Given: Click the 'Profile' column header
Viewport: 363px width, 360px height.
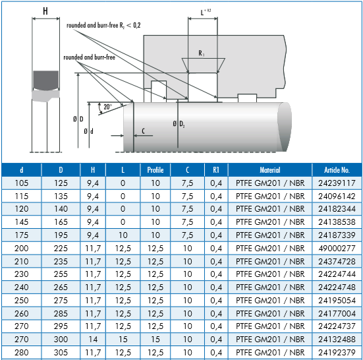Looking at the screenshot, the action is coord(155,170).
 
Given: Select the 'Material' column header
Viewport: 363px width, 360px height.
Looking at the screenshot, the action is coord(270,170).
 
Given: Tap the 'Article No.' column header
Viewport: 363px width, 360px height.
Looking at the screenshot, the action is coord(337,170).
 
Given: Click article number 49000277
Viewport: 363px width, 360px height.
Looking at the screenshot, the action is coord(337,249).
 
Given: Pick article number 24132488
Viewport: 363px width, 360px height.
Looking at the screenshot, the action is coord(337,340).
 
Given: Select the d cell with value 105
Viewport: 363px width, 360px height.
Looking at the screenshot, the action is coord(21,183).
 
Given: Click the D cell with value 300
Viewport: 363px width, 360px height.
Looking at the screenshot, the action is coord(61,340).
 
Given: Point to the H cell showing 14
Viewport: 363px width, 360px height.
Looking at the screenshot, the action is coord(93,340).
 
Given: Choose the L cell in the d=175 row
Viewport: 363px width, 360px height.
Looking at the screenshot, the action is coord(123,235).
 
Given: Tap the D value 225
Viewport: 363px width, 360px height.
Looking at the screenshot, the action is coord(61,249).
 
